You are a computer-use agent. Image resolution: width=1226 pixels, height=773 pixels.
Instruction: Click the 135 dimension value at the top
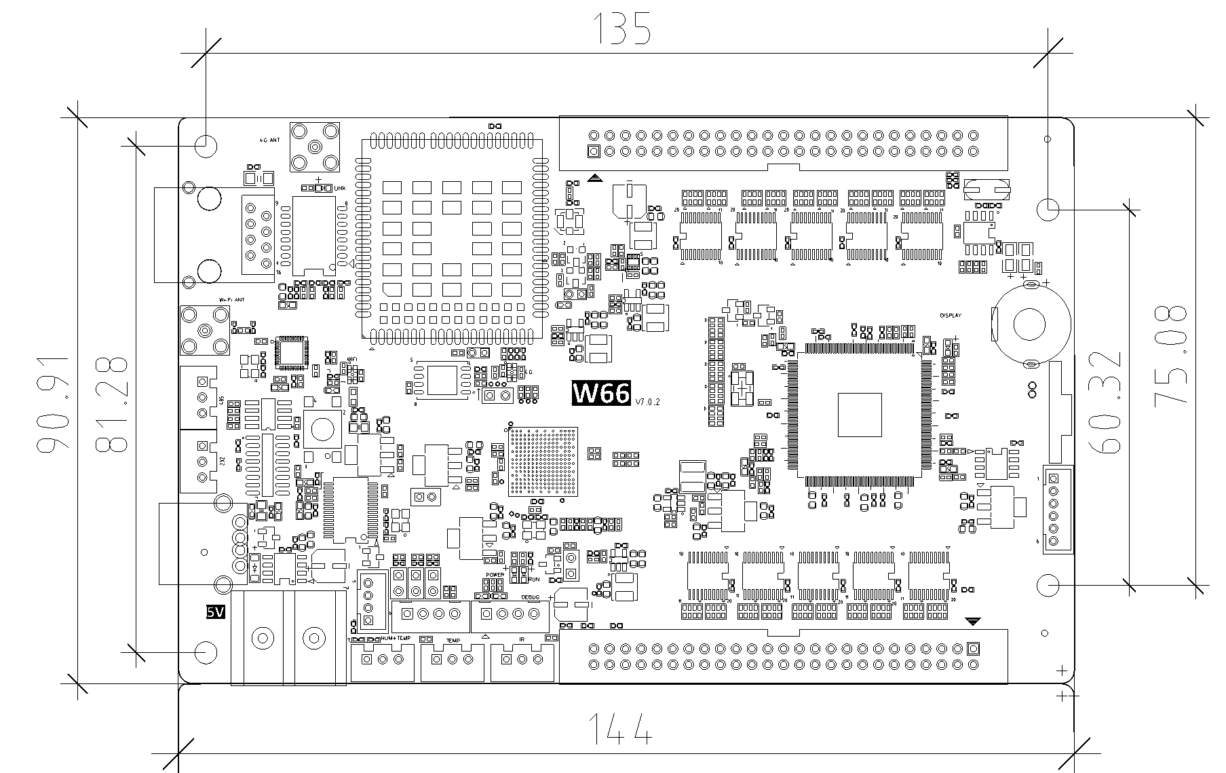622,29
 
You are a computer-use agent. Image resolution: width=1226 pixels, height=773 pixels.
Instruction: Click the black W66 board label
601,393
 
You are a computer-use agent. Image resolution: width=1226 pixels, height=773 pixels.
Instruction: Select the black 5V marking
215,612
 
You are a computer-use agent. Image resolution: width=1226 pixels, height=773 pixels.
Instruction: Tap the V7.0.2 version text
647,402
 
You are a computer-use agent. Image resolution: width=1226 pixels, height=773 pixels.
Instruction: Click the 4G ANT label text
269,140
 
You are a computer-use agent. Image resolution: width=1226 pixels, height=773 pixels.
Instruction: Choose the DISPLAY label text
951,316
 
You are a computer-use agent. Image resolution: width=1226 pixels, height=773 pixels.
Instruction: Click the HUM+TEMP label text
396,639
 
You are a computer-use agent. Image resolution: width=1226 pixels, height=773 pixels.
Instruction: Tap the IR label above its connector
521,639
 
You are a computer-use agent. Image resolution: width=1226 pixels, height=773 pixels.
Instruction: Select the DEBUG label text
531,597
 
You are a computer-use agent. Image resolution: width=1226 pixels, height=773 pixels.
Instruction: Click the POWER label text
495,575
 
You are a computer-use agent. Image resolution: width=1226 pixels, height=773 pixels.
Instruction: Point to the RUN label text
534,580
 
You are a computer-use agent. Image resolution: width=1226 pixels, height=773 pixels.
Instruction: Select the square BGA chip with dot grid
543,461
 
